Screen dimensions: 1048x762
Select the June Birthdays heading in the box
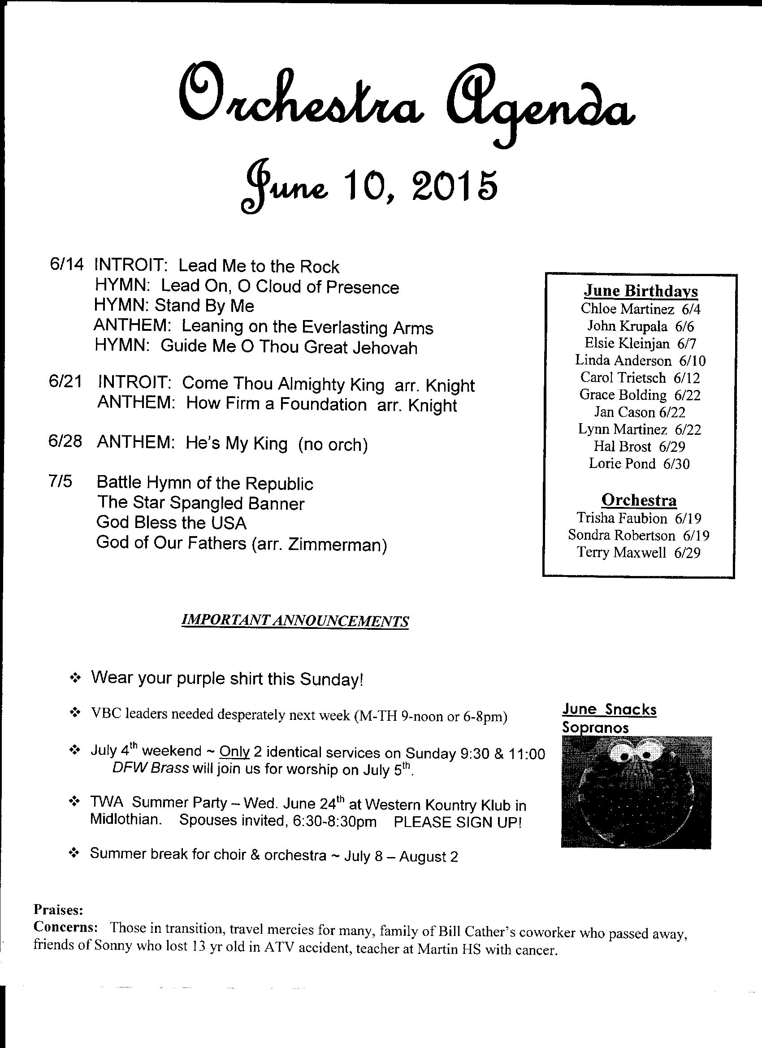click(x=641, y=290)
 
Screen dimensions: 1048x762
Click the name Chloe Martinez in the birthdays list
click(x=627, y=308)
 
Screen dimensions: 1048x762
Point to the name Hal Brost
click(x=623, y=446)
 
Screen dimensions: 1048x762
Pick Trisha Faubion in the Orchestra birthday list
click(x=622, y=518)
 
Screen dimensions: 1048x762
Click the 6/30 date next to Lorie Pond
click(x=676, y=463)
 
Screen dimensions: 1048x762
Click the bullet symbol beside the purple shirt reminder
click(x=74, y=678)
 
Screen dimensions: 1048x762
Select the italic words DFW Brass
click(x=150, y=769)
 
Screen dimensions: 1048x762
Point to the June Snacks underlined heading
click(x=610, y=709)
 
